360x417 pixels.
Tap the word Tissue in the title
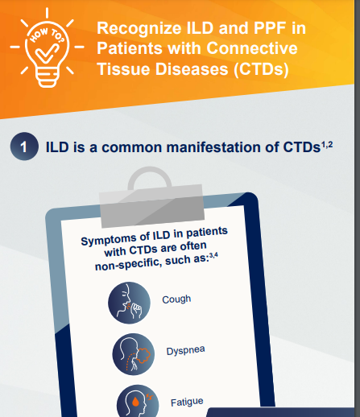122,68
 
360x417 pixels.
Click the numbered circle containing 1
24,147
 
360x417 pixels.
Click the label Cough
176,299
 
